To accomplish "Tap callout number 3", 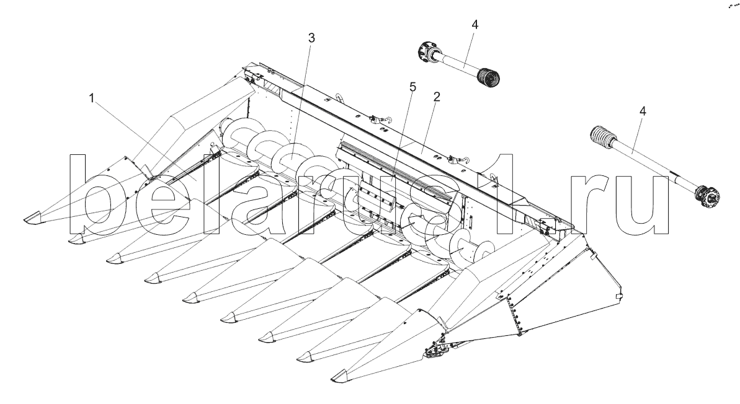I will pyautogui.click(x=311, y=38).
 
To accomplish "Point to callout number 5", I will pyautogui.click(x=412, y=87).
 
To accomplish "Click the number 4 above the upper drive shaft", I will pyautogui.click(x=475, y=25).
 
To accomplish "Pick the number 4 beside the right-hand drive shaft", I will pyautogui.click(x=643, y=111).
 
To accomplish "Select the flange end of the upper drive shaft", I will pyautogui.click(x=426, y=51).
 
